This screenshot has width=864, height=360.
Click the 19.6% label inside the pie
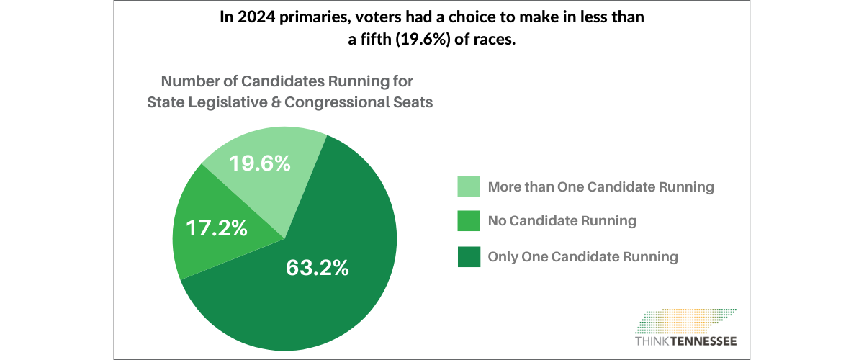(x=260, y=163)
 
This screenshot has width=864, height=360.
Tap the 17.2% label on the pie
(x=217, y=228)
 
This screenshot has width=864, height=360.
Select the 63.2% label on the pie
(x=317, y=267)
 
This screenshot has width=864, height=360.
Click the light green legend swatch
(x=469, y=186)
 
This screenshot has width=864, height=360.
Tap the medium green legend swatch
(x=469, y=221)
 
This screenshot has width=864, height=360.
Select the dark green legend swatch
(x=469, y=256)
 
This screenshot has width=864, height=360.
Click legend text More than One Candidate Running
(x=600, y=186)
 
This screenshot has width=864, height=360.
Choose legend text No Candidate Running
(x=562, y=221)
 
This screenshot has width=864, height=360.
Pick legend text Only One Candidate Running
(x=582, y=256)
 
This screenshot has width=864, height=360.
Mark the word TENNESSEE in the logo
(x=706, y=341)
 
